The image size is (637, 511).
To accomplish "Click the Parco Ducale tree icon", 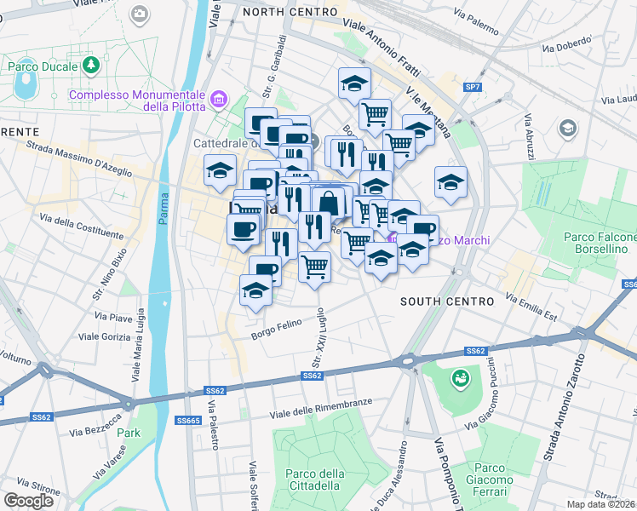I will pos(90,65).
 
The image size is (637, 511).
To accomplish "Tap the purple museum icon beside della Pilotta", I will pos(220,100).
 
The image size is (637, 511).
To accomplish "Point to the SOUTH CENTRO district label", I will pos(446,301).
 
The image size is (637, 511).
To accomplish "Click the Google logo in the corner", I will pos(28,500).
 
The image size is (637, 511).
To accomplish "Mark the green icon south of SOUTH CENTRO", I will pos(461,376).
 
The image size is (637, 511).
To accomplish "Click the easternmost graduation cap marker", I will pos(451,181).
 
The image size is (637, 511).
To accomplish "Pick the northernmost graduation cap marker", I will pos(355,83).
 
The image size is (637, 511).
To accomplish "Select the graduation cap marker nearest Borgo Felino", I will pos(256,290).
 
